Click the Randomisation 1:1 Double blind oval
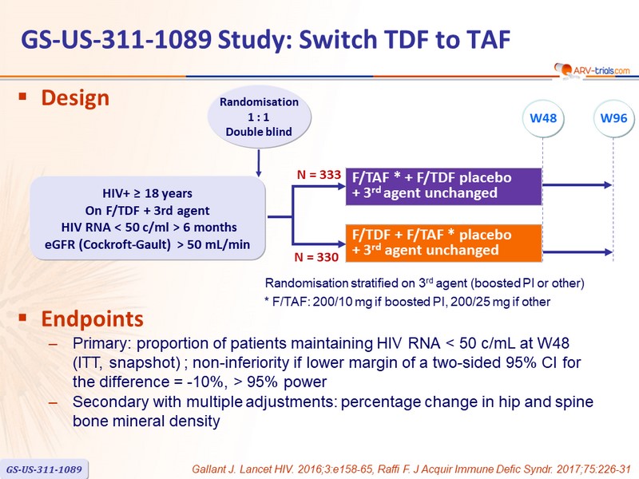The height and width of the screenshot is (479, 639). click(x=259, y=117)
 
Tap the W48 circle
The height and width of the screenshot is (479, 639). click(x=543, y=118)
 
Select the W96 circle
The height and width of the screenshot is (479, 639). click(x=613, y=118)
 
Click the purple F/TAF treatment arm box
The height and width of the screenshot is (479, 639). click(x=444, y=186)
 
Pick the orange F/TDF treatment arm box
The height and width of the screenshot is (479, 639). click(x=444, y=243)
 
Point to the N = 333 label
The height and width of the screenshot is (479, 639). click(x=319, y=175)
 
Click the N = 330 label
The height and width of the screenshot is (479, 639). click(x=316, y=257)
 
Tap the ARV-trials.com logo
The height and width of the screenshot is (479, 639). click(x=592, y=70)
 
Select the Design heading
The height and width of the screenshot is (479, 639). click(x=75, y=98)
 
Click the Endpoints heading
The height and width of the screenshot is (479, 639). click(x=92, y=319)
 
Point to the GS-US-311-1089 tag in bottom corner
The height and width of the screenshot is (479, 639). click(x=44, y=469)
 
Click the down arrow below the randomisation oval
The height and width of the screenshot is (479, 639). click(x=258, y=163)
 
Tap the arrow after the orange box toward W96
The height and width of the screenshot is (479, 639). click(x=577, y=252)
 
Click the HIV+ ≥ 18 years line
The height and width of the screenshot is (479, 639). click(x=147, y=193)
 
